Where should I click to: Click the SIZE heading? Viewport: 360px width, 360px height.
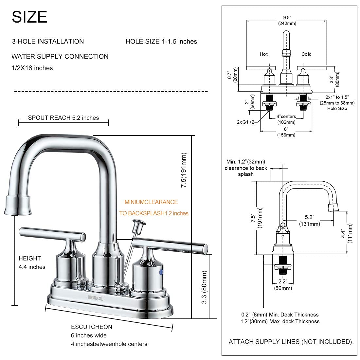coord(29,17)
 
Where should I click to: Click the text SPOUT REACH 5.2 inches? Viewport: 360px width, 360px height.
coord(63,118)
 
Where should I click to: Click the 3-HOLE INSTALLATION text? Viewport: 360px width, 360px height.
coord(48,42)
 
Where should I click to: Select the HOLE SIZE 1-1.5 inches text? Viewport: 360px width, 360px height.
coord(161,42)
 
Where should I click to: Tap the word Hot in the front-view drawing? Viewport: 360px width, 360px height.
coord(263,54)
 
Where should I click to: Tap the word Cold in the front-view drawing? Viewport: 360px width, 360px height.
coord(306,54)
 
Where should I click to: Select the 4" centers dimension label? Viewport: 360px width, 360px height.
coord(286,117)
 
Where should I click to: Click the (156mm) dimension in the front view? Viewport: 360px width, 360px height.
coord(286,135)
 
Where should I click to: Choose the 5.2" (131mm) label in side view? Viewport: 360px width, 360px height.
coord(309,221)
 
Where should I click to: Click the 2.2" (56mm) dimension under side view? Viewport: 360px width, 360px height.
coord(283,284)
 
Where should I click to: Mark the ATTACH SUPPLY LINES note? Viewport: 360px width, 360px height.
coord(291,342)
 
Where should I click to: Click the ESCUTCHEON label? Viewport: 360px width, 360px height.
coord(92,327)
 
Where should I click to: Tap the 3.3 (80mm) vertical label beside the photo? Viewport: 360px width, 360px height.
coord(205,287)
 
